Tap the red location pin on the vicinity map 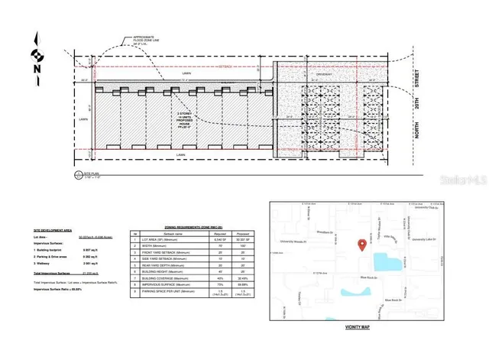pyautogui.click(x=361, y=244)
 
